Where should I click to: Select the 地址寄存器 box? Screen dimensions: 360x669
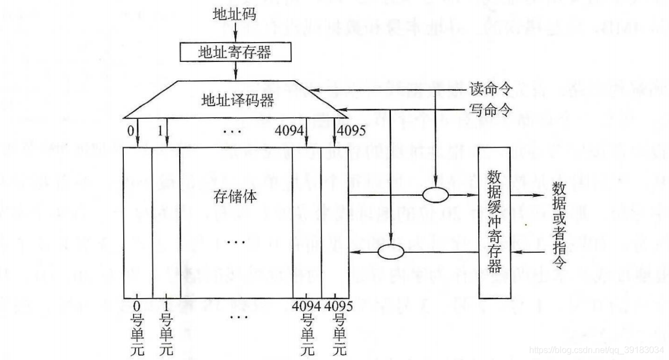(236, 52)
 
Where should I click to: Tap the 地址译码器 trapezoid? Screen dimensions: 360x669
(236, 101)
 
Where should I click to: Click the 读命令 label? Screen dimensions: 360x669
(490, 88)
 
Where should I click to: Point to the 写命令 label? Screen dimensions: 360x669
(490, 111)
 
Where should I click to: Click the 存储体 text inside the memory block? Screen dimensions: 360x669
(236, 197)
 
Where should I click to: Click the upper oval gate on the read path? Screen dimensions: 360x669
(436, 196)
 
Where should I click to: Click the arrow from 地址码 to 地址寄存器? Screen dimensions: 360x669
(236, 32)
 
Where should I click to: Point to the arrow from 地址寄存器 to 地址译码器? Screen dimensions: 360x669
(236, 71)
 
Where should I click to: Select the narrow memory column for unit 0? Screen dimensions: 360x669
(137, 221)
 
